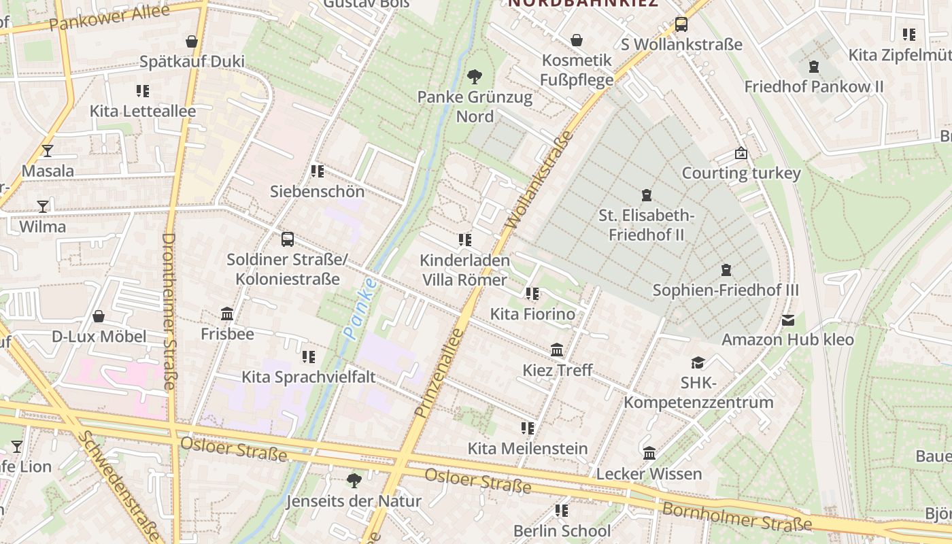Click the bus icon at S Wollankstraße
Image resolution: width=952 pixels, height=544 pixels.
[x=681, y=24]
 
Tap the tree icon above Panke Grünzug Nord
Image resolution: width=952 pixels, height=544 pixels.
[x=475, y=76]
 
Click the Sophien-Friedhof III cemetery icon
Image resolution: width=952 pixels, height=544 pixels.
[x=726, y=270]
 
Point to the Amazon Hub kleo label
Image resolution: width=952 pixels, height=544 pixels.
[x=787, y=339]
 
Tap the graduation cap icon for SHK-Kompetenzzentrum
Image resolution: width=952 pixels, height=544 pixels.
[x=698, y=362]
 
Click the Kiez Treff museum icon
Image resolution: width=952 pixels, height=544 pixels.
[x=557, y=350]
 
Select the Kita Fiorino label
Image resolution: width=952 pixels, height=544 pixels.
[x=532, y=314]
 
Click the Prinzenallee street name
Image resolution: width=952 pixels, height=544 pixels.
[x=439, y=373]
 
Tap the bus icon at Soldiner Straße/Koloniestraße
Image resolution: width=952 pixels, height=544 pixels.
[x=288, y=239]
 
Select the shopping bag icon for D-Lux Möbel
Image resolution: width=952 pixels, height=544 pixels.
[x=99, y=316]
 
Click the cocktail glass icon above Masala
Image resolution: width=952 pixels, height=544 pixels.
[x=47, y=150]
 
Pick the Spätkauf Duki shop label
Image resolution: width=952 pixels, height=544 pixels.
[x=192, y=61]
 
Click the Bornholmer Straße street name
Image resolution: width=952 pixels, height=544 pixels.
[x=736, y=517]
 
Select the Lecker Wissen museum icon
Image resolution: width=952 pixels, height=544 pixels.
[x=649, y=453]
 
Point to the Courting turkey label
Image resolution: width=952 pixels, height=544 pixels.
[x=741, y=173]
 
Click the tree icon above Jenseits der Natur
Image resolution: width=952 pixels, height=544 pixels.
[x=354, y=481]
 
